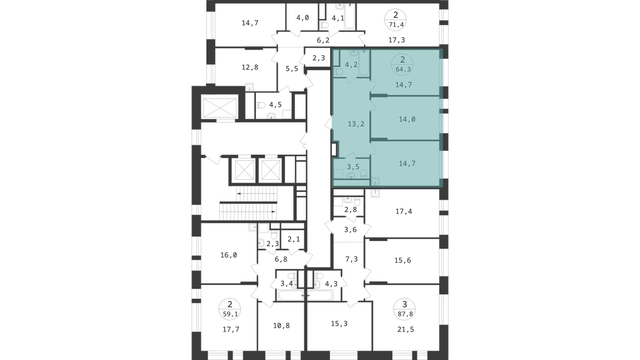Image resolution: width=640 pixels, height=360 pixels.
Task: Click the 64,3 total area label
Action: [x=403, y=70]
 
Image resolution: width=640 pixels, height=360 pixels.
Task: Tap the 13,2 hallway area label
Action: [x=356, y=124]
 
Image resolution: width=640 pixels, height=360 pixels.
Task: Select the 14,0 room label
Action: [x=407, y=119]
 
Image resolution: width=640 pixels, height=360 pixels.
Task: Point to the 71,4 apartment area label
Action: [x=396, y=25]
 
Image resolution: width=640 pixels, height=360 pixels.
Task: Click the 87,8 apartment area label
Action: [x=405, y=314]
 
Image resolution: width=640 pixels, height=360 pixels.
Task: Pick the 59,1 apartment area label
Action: [x=230, y=314]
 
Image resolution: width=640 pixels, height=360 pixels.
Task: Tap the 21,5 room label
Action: [x=405, y=329]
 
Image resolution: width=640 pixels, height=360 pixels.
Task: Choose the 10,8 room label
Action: [x=281, y=326]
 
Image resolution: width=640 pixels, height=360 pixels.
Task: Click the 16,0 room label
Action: [x=229, y=255]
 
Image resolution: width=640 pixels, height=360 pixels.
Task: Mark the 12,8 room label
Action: [x=250, y=67]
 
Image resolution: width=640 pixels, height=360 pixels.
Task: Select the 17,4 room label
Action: [x=403, y=211]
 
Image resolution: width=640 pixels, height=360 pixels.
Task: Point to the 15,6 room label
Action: [x=402, y=260]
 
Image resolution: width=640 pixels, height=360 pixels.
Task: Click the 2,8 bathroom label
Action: [x=350, y=210]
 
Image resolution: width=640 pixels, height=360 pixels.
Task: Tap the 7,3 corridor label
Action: [x=351, y=259]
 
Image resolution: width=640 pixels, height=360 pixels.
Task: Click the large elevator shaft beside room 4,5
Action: [x=220, y=108]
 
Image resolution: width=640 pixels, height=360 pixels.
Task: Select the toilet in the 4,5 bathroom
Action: [x=261, y=105]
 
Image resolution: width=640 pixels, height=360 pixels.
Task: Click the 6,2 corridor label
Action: [x=323, y=41]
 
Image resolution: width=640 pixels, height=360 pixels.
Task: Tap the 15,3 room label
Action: [x=339, y=324]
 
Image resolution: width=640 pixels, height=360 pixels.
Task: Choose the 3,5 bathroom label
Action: [x=353, y=166]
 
